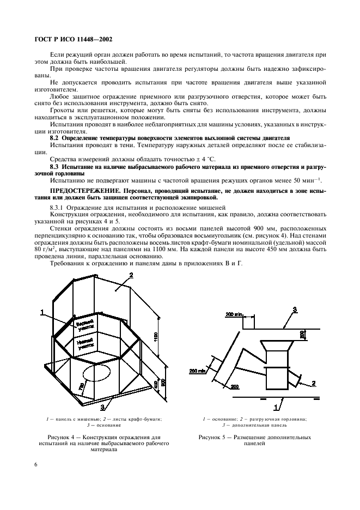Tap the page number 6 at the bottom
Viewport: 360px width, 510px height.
point(35,464)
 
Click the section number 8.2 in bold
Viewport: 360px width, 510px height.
point(56,140)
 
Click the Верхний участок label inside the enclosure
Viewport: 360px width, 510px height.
point(86,325)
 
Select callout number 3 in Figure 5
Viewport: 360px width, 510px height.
point(295,309)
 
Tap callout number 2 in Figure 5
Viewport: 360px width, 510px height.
point(314,384)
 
